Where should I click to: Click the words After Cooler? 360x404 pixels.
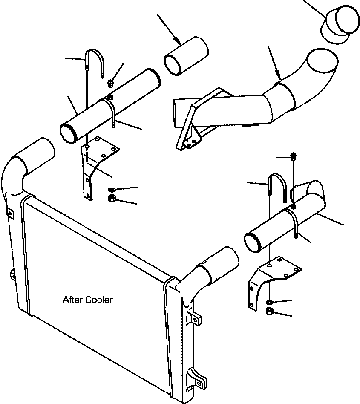coord(88,300)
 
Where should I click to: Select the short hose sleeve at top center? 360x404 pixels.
coord(186,55)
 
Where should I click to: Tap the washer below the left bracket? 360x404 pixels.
coord(112,189)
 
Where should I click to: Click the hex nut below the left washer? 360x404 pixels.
coord(112,199)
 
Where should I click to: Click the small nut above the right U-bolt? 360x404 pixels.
coord(294,156)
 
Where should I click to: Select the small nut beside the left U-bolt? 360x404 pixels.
coord(112,82)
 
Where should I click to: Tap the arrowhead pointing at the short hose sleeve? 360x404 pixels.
coord(178,41)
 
